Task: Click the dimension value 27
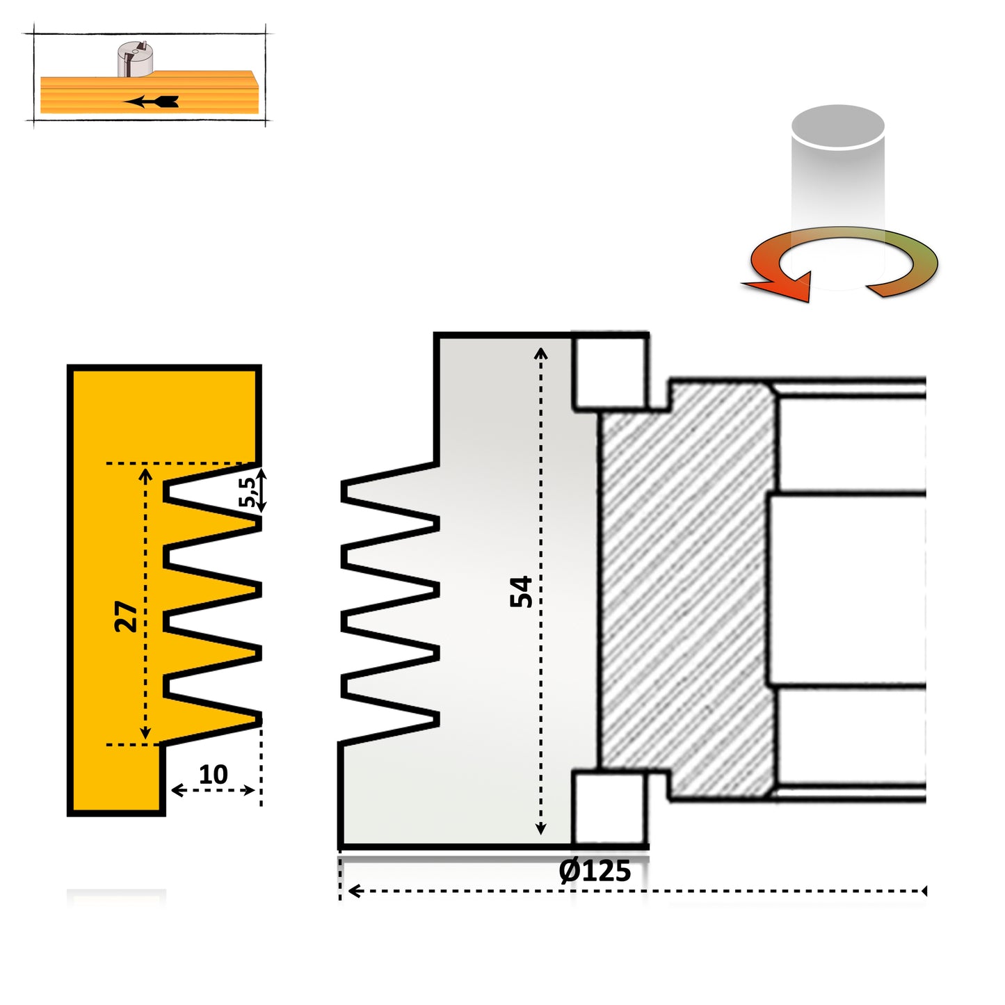coord(127,616)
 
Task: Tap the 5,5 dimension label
coord(247,492)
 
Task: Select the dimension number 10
coord(213,774)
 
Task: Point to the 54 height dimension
coord(521,591)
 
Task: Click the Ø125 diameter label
coord(595,871)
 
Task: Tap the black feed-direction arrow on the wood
coord(152,102)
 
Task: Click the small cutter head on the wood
coord(134,58)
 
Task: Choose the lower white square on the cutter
coord(609,807)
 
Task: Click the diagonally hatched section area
coord(685,591)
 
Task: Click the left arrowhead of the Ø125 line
coord(353,891)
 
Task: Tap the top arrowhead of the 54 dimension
coord(540,353)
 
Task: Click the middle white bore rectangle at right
coord(845,589)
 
